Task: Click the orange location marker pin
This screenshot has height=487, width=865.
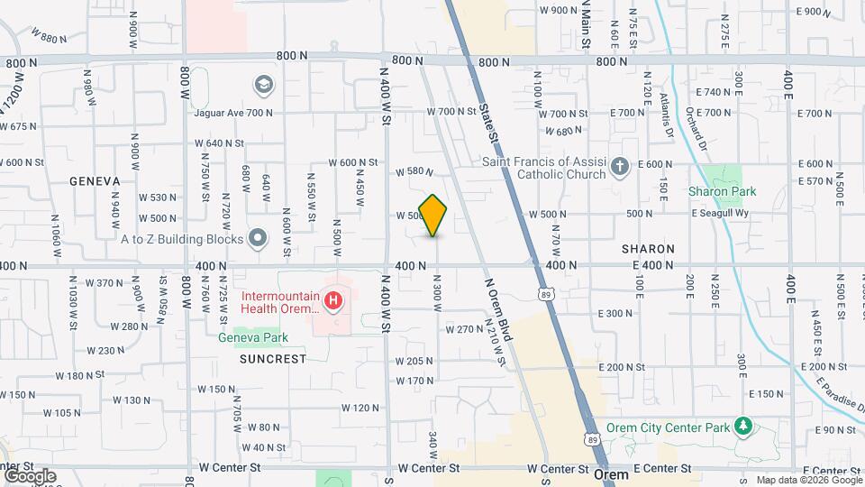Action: (x=432, y=216)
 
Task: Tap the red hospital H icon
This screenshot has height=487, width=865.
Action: (x=333, y=299)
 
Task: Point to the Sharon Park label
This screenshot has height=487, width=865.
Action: (x=722, y=191)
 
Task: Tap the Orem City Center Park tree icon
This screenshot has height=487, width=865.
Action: (x=743, y=425)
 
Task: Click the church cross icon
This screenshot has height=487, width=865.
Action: (x=619, y=166)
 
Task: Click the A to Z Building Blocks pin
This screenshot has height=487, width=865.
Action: (x=259, y=239)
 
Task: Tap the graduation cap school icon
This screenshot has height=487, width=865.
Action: (x=263, y=85)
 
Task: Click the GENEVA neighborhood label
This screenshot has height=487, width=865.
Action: (x=95, y=181)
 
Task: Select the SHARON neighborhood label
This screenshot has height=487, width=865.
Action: (x=648, y=248)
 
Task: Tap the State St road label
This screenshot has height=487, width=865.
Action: (x=488, y=125)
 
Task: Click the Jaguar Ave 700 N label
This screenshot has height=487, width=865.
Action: (x=233, y=113)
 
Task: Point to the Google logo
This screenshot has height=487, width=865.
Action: (x=29, y=475)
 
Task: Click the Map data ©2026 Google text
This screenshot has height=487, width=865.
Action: (x=809, y=480)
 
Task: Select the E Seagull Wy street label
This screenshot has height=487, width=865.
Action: (x=719, y=214)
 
